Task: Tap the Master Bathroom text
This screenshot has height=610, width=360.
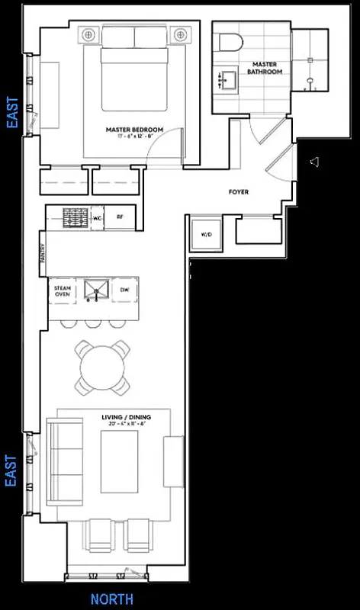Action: (264, 69)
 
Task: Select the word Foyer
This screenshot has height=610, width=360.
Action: (238, 192)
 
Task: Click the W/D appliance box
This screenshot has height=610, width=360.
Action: (206, 234)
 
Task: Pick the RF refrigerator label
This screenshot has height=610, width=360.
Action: (120, 217)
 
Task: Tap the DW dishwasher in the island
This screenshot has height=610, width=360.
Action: (124, 289)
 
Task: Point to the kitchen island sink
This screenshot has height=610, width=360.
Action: (96, 289)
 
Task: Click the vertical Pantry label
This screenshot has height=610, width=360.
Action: (43, 255)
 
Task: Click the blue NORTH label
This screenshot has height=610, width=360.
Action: (111, 599)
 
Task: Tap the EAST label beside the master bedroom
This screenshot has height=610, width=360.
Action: (11, 112)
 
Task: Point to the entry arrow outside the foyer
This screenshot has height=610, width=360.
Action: (313, 162)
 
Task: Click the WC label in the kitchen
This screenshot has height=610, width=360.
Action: (98, 217)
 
